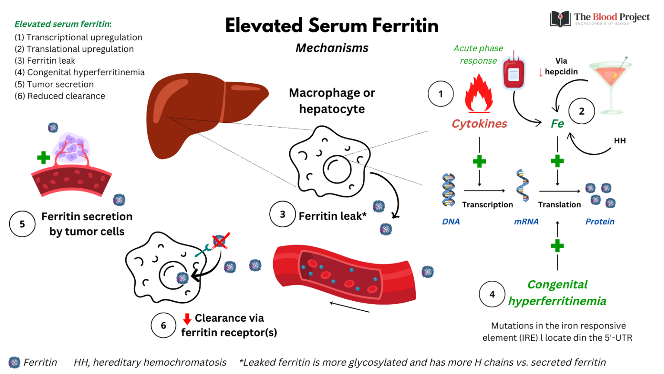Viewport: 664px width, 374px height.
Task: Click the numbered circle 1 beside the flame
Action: click(x=441, y=93)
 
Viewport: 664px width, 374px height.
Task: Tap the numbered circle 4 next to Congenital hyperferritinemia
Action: click(x=492, y=294)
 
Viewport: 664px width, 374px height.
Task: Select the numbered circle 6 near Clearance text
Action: click(x=163, y=325)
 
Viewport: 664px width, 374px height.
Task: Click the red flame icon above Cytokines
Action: click(x=479, y=94)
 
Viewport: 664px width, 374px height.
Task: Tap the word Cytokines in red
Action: click(x=479, y=124)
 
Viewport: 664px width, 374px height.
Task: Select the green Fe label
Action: click(x=557, y=124)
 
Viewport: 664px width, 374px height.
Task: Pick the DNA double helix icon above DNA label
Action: click(x=448, y=190)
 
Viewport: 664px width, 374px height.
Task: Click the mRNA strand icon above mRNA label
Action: click(x=523, y=186)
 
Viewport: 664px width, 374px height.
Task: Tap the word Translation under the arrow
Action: click(x=559, y=205)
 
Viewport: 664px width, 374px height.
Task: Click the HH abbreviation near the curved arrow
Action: click(x=619, y=141)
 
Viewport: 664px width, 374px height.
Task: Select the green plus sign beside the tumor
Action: click(x=43, y=158)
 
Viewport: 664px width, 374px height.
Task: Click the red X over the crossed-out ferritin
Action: click(x=221, y=241)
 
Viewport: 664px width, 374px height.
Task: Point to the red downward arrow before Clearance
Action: click(x=187, y=319)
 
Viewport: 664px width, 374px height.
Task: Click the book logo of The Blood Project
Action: click(x=560, y=19)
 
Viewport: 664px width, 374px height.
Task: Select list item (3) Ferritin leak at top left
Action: click(x=45, y=61)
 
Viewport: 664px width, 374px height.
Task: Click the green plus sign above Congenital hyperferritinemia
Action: click(x=557, y=246)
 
